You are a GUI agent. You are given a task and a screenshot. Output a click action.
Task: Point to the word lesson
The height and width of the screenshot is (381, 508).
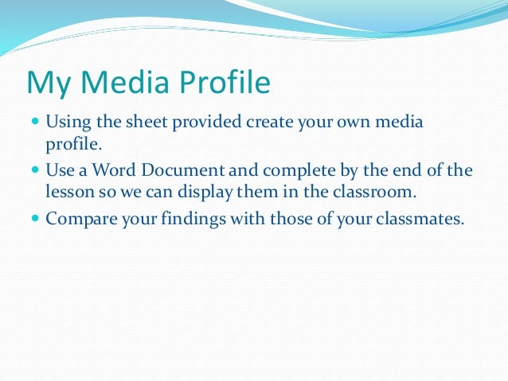tap(68, 192)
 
